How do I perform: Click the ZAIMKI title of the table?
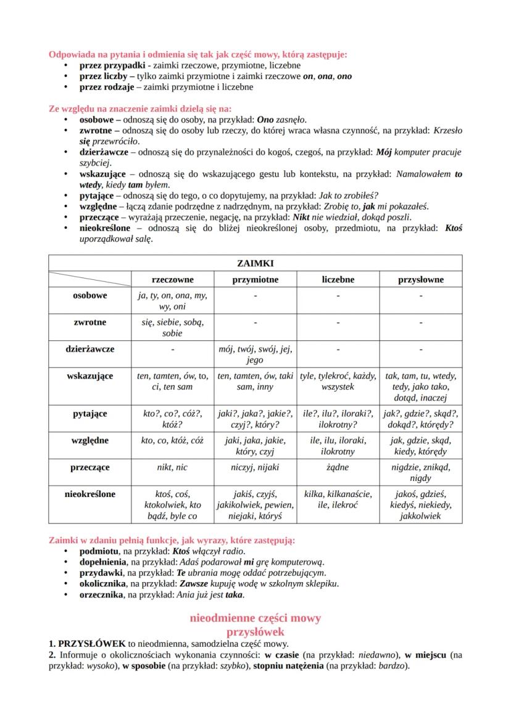(x=255, y=263)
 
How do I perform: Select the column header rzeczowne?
(x=172, y=279)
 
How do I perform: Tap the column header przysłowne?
(x=420, y=279)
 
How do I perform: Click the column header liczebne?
(x=338, y=279)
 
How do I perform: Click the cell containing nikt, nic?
(x=172, y=467)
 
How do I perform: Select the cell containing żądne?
(x=338, y=467)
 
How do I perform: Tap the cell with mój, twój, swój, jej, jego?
(x=255, y=355)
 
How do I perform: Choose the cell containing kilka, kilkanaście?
(x=338, y=499)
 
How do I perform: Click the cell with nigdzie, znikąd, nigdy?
(x=420, y=473)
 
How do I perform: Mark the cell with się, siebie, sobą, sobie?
(x=172, y=327)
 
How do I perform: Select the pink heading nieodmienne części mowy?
(x=255, y=618)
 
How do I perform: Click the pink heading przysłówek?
(x=255, y=631)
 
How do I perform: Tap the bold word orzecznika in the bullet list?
(x=101, y=595)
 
